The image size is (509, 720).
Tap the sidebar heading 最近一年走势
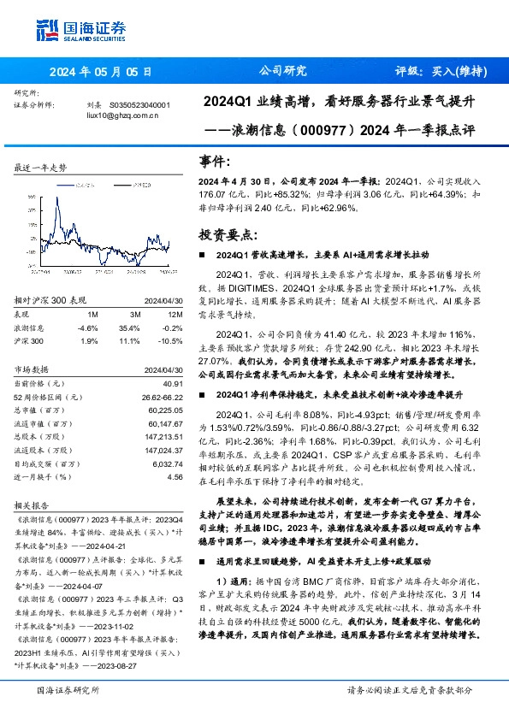coord(41,168)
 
